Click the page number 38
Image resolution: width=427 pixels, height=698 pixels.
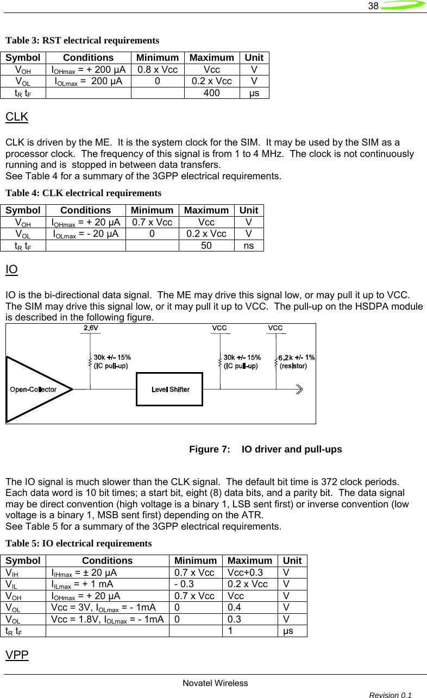(373, 7)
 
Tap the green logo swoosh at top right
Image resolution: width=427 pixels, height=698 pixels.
(403, 6)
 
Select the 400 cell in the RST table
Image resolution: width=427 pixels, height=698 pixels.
(212, 93)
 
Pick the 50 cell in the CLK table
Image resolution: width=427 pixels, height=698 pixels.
(206, 246)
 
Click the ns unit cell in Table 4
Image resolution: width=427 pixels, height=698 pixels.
(249, 246)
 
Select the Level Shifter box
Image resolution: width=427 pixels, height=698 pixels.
(169, 389)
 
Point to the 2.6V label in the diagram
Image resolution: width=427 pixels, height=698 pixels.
(91, 328)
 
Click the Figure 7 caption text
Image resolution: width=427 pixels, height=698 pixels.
(265, 450)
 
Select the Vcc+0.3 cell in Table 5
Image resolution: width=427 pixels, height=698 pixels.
(244, 572)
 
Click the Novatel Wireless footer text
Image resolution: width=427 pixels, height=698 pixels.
(215, 683)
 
